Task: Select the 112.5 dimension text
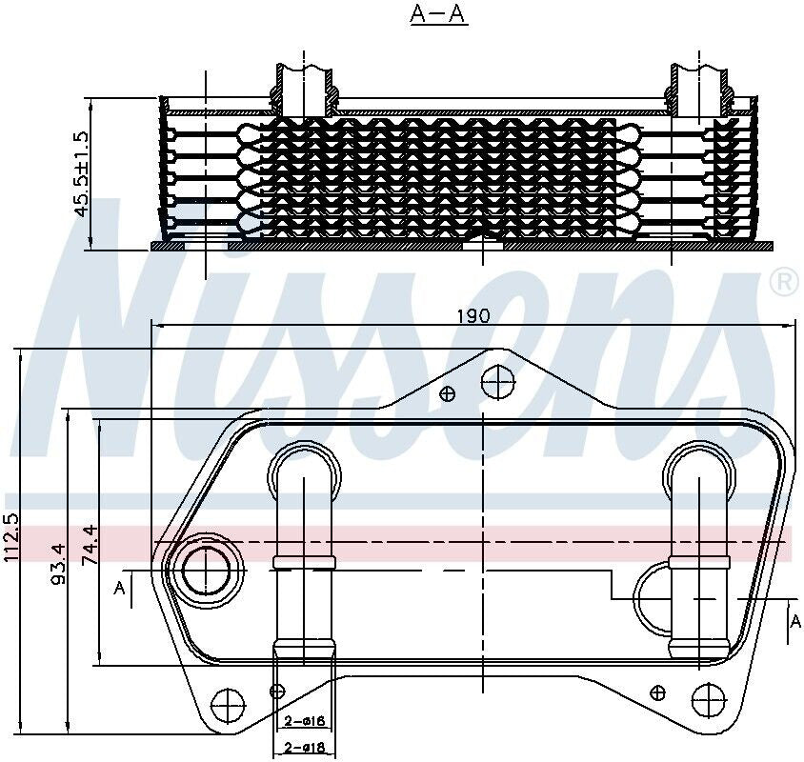(11, 540)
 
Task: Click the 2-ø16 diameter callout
(305, 721)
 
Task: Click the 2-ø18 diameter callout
(305, 748)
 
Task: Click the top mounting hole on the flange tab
(497, 383)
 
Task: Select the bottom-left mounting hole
(229, 705)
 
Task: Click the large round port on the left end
(206, 571)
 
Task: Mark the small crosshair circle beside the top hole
(448, 393)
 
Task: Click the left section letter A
(119, 589)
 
